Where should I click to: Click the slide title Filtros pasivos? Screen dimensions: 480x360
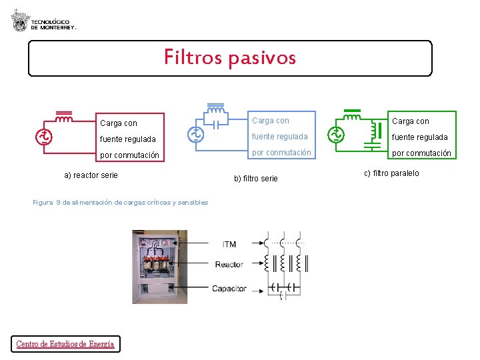[x=230, y=58]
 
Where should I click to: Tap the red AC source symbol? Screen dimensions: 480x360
[x=44, y=137]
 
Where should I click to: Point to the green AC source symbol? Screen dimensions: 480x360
[x=335, y=135]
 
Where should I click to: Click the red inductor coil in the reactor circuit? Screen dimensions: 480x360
[x=64, y=120]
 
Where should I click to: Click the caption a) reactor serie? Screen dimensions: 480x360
[x=91, y=175]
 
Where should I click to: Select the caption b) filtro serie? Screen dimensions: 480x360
[x=256, y=179]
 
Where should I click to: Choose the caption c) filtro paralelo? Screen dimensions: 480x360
[x=391, y=174]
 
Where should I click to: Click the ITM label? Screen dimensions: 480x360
[x=229, y=245]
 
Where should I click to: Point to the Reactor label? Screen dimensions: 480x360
[x=229, y=265]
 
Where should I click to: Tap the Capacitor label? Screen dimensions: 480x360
[x=229, y=289]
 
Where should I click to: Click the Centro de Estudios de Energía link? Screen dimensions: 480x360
[x=65, y=344]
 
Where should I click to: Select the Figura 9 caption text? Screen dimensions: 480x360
[x=120, y=202]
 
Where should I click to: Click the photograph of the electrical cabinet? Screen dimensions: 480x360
[x=159, y=266]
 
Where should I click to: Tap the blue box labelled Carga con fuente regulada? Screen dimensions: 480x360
[x=281, y=137]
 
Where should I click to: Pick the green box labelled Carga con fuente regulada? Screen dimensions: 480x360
[x=421, y=137]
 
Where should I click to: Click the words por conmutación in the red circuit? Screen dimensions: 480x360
[x=129, y=155]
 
